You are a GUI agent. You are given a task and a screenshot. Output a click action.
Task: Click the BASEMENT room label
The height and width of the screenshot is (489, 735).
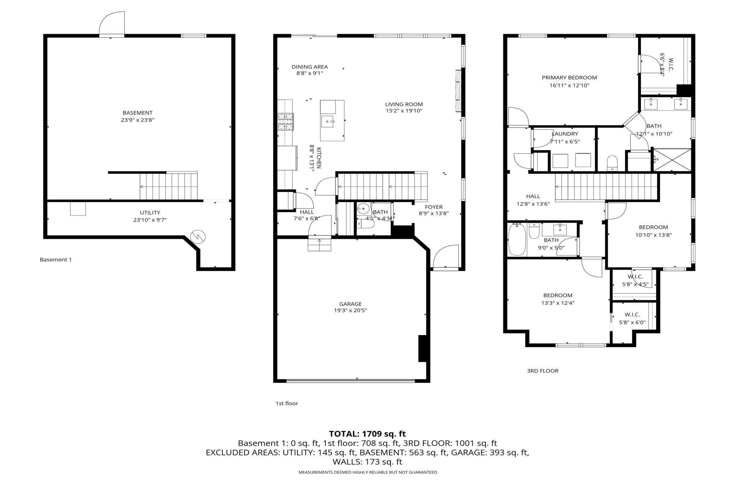137,113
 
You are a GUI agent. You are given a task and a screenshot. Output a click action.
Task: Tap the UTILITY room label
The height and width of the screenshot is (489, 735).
150,213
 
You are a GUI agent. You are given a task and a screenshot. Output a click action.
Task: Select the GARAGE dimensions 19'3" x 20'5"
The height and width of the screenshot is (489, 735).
351,310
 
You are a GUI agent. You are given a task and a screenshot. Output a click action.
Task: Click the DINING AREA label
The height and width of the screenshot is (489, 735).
310,67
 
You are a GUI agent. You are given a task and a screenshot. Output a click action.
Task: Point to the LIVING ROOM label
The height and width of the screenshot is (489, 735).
404,104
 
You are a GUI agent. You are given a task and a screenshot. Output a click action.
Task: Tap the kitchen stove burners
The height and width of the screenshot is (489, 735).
285,122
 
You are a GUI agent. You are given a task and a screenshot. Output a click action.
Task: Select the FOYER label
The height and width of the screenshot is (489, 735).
434,207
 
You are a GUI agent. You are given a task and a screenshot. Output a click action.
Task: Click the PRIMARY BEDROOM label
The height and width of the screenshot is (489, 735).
569,78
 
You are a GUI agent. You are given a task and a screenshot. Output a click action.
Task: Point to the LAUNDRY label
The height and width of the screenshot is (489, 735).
565,134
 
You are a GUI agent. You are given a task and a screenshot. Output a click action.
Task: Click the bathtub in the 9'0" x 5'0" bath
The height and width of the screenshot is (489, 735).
517,240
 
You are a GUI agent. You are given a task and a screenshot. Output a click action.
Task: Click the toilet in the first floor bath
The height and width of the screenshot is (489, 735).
365,223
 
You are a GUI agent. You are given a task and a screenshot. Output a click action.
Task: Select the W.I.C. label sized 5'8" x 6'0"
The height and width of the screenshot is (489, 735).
632,315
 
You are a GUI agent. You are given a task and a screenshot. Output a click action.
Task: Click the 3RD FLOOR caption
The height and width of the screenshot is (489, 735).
543,371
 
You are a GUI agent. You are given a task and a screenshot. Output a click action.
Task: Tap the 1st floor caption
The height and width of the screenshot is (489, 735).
287,403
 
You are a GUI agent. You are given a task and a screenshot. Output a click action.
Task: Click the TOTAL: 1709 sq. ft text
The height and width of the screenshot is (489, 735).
367,434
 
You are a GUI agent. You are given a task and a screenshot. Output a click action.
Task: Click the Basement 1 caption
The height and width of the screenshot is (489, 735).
55,260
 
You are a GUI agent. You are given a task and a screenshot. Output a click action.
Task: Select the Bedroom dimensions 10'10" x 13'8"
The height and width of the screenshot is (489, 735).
653,235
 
